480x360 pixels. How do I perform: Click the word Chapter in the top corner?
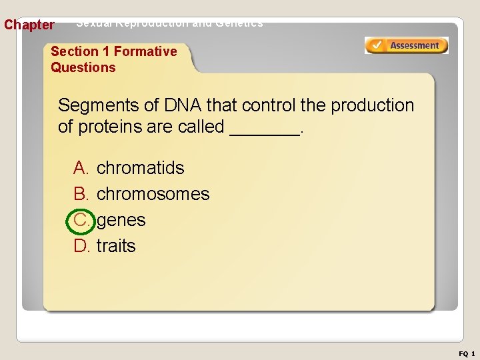coord(29,25)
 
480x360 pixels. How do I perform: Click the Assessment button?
coord(407,46)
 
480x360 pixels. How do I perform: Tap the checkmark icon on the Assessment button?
coord(377,46)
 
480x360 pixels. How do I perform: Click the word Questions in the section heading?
coord(83,67)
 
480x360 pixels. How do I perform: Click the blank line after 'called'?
coord(265,128)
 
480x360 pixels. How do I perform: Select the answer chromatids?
coord(140,168)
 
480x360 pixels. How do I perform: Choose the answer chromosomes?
coord(153,194)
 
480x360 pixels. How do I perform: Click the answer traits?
coord(116,246)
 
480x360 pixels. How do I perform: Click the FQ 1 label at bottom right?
coord(467,353)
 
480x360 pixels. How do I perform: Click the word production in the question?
coord(372,105)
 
